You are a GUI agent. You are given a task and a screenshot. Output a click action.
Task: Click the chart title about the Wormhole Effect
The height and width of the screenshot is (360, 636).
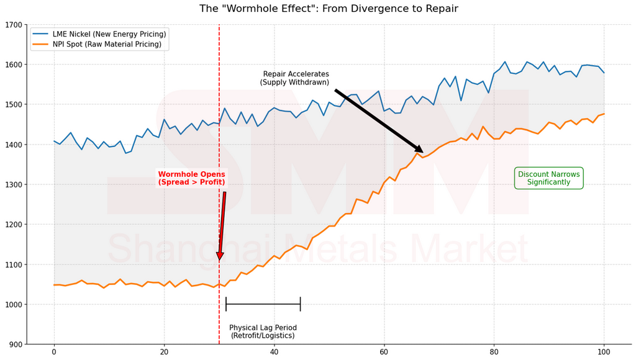coord(329,9)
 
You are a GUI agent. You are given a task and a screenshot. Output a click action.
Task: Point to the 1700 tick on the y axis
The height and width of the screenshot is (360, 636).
coord(13,25)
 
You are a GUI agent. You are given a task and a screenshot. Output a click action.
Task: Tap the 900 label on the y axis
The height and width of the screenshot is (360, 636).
coord(15,344)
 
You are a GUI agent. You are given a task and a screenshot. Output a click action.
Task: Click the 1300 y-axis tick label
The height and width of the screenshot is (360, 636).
coord(13,185)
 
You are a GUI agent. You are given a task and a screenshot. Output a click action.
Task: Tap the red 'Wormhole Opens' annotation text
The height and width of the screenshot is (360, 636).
coord(191,179)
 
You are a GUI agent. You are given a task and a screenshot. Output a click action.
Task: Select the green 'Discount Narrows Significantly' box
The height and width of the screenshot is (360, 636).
coord(548,179)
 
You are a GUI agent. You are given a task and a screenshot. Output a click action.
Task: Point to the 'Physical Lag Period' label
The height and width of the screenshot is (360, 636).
coord(263,331)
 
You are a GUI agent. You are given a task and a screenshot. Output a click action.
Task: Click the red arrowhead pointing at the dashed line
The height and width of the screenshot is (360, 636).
coord(220,256)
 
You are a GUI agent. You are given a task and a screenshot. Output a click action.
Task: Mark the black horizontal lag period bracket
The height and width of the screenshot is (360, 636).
coord(263,304)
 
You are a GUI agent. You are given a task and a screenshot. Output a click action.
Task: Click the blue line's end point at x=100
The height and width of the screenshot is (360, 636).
coord(604,73)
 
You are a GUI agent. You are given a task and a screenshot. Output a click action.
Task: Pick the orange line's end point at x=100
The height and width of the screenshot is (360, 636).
coord(604,114)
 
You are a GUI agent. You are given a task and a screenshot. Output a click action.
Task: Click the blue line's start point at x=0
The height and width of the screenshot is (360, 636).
coord(54,141)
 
